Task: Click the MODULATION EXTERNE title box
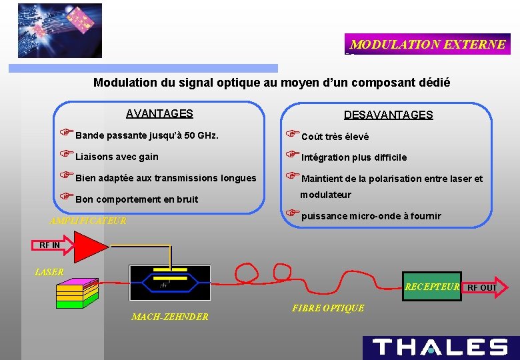click(x=427, y=45)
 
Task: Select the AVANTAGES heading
click(x=159, y=114)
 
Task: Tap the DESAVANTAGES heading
click(x=388, y=115)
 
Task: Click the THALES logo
click(x=441, y=347)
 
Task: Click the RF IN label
click(x=50, y=245)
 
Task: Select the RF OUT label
click(x=481, y=288)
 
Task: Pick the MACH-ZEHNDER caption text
click(x=169, y=317)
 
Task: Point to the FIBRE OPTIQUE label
click(x=328, y=308)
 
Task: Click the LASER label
click(x=49, y=272)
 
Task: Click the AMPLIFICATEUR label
click(x=88, y=221)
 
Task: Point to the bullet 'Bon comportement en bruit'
click(x=136, y=199)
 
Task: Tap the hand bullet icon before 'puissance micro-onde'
click(x=292, y=214)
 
